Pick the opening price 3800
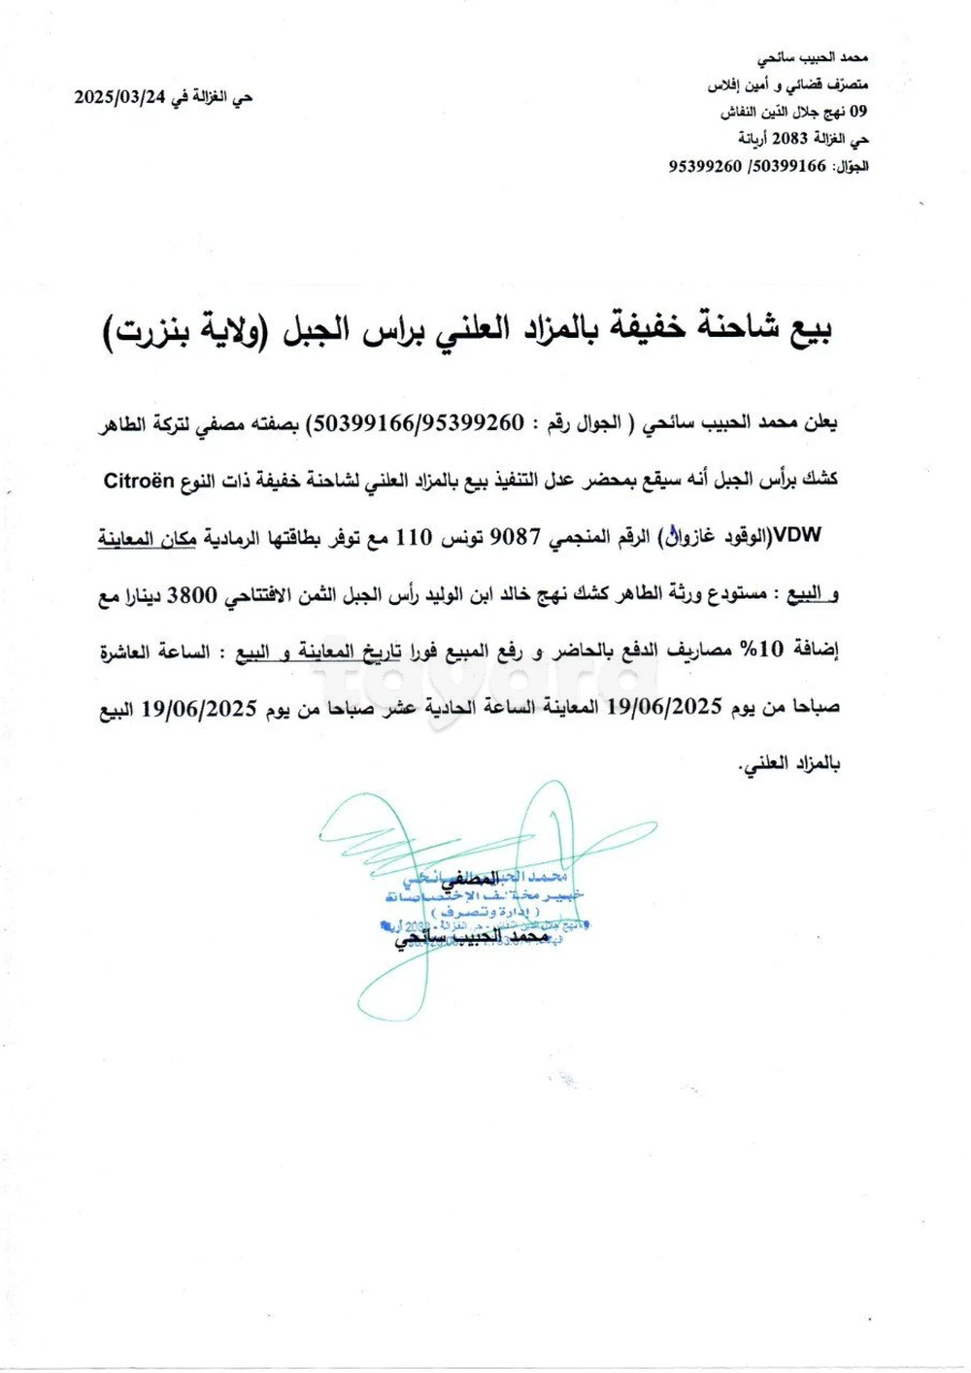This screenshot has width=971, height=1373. [191, 595]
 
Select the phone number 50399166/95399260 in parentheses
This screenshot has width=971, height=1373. [418, 424]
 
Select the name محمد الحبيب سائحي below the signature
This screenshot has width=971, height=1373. [472, 938]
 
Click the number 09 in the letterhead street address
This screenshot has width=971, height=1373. [858, 112]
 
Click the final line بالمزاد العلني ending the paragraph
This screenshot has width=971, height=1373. [788, 764]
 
